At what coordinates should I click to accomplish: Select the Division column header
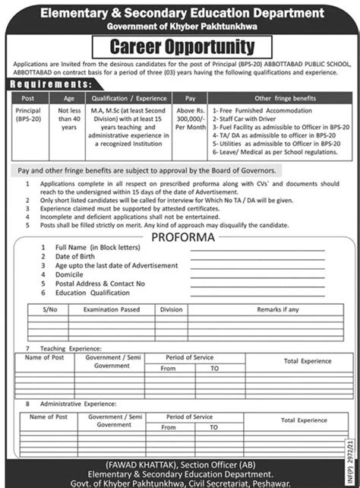172,309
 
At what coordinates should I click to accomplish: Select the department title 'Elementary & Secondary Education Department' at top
180,11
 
